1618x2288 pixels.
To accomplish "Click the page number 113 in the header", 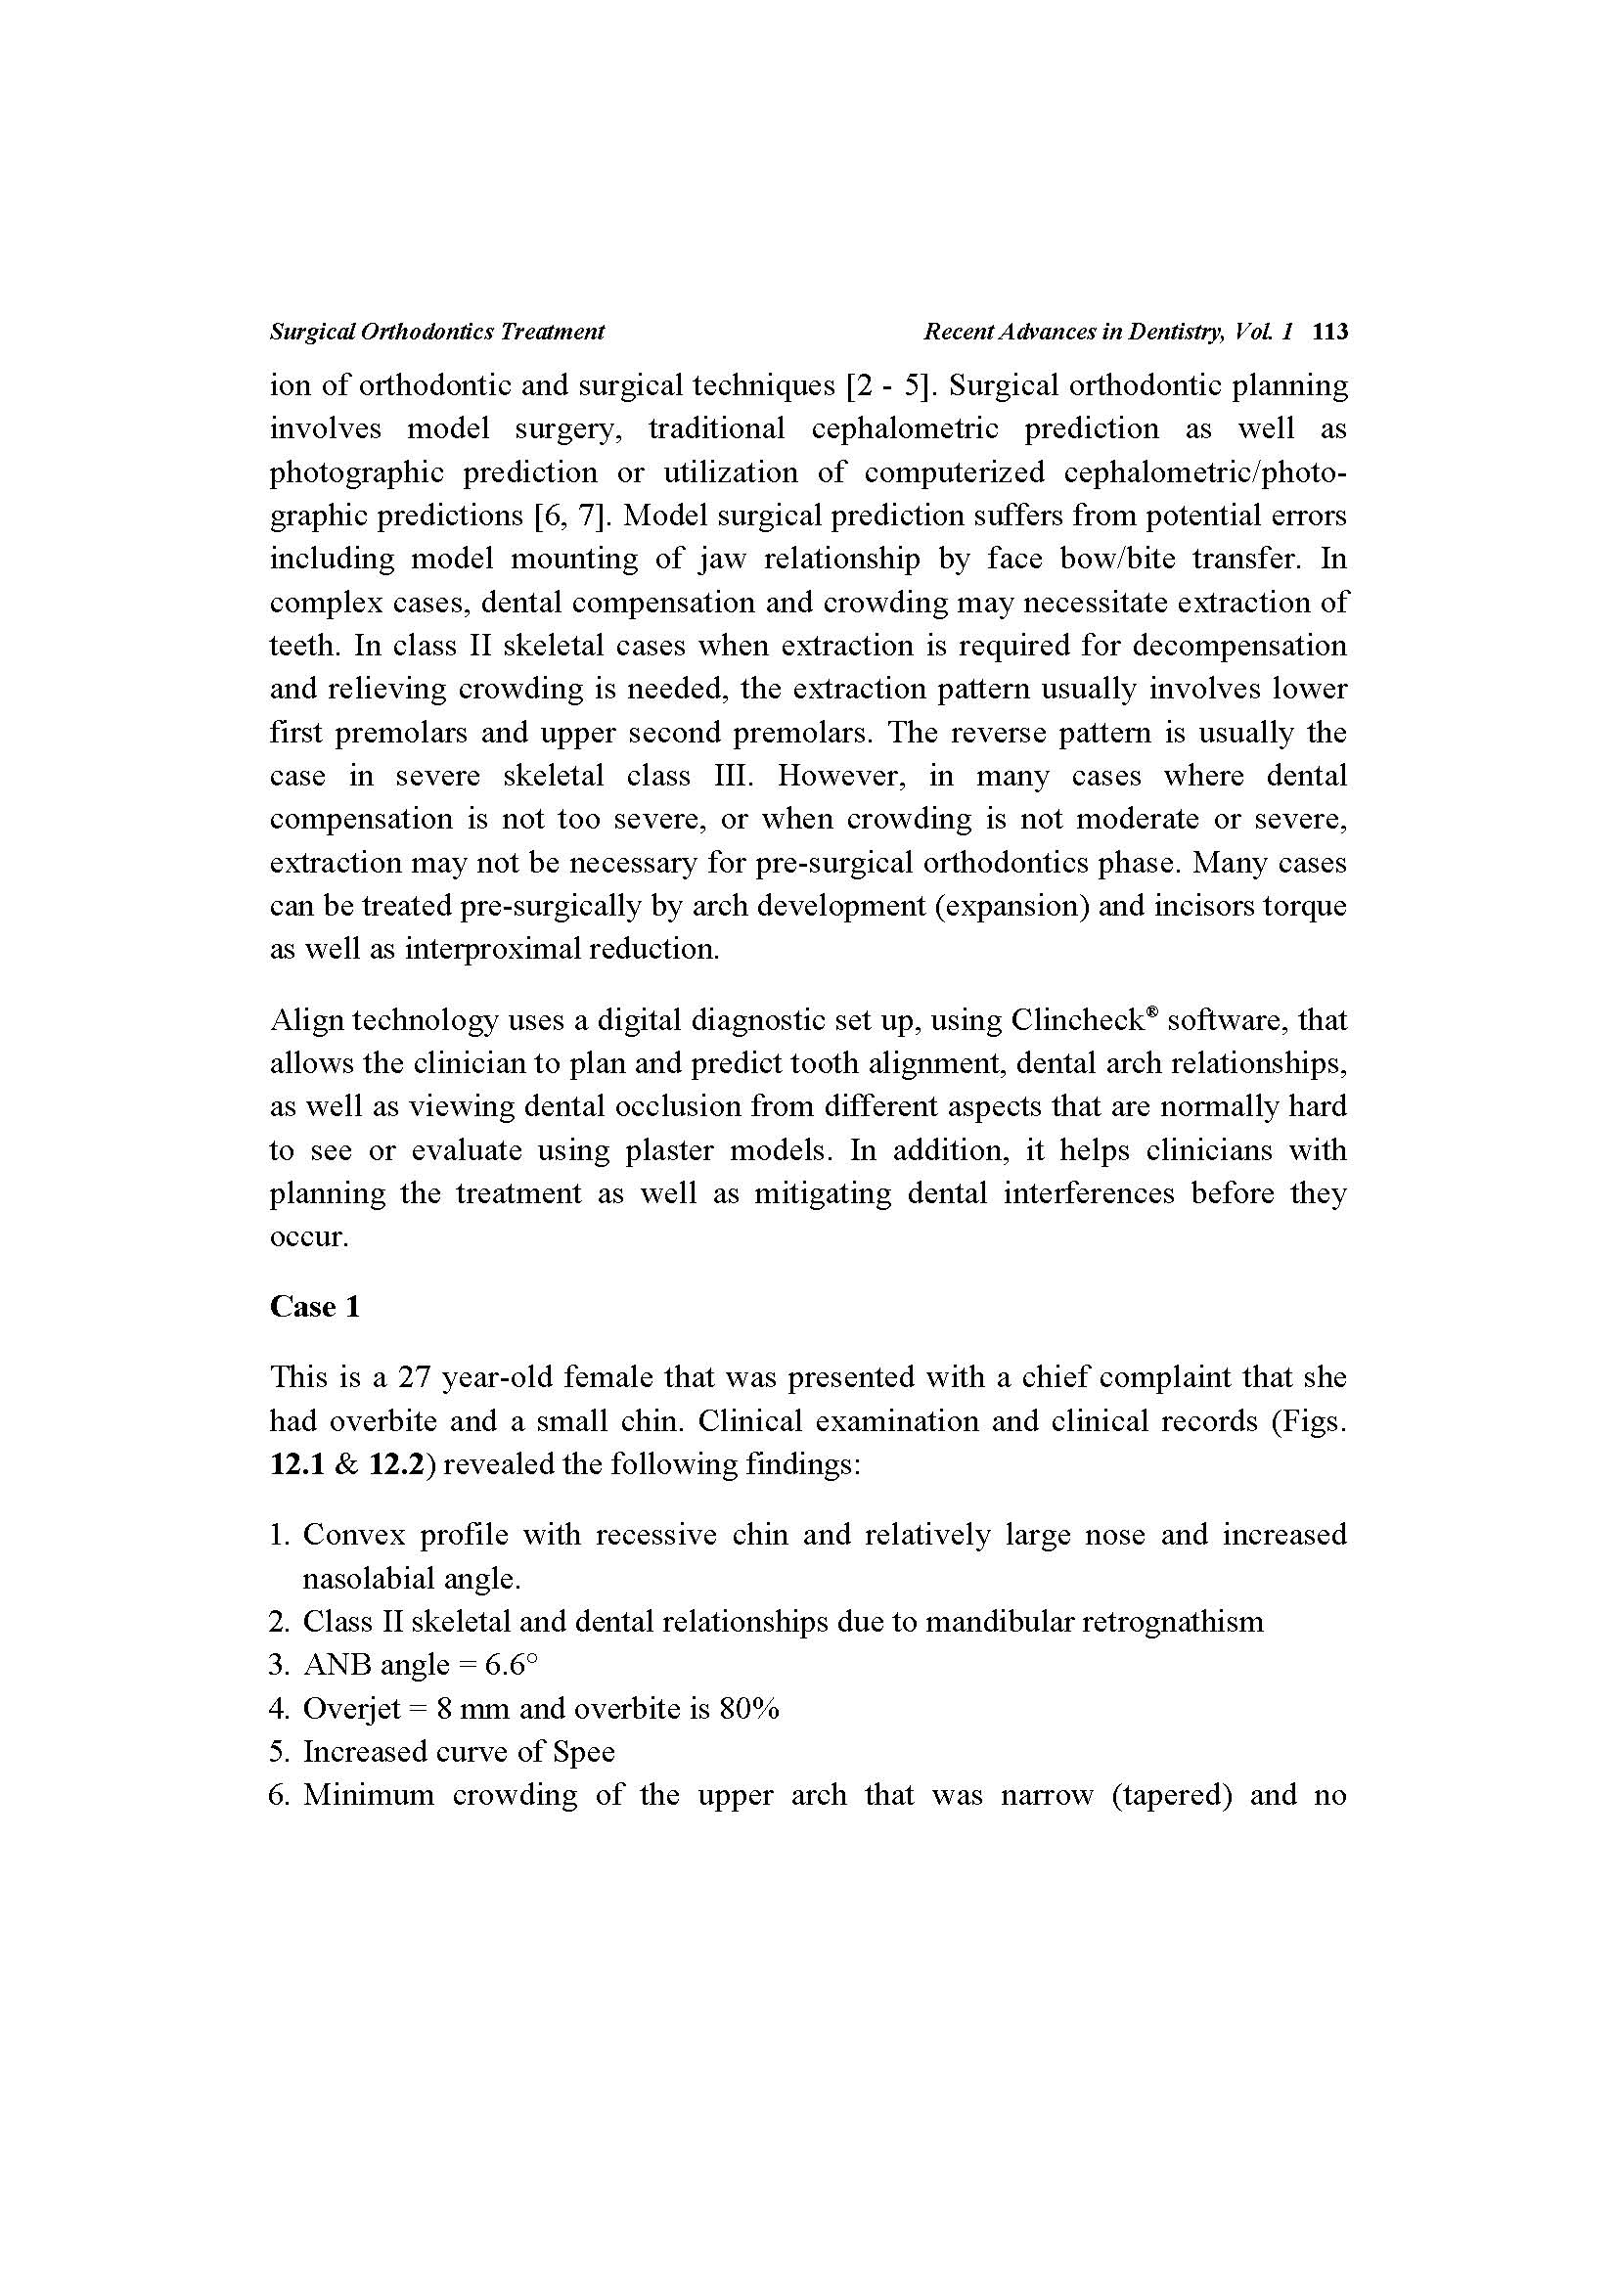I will [1330, 332].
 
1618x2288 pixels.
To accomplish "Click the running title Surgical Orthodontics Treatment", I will [436, 332].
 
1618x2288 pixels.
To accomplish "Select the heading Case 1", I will [314, 1307].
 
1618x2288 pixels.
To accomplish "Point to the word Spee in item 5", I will [584, 1752].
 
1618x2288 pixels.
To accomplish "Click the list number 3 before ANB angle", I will [278, 1665].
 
